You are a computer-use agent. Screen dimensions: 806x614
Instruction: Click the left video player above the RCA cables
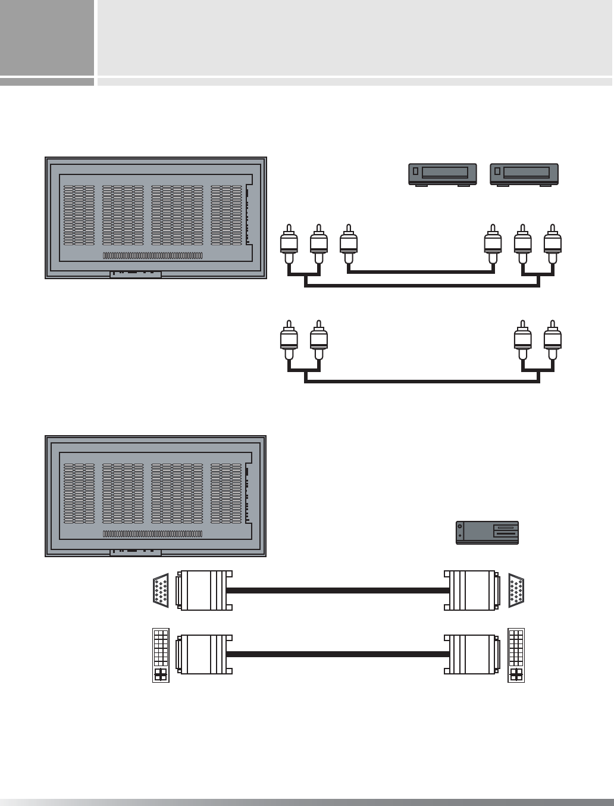[x=442, y=173]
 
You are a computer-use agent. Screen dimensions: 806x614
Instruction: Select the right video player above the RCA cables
[x=524, y=173]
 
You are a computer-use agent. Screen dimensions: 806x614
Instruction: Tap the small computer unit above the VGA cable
[x=487, y=533]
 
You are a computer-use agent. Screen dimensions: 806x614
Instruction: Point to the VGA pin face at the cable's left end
[x=161, y=591]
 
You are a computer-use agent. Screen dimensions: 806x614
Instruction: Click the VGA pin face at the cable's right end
[x=516, y=591]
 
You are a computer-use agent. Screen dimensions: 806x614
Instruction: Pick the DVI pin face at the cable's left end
[x=161, y=655]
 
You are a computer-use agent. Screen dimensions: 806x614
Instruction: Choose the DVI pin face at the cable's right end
[x=516, y=655]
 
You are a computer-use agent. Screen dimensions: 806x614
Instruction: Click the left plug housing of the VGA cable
[x=202, y=591]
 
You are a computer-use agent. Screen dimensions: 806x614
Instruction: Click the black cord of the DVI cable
[x=338, y=654]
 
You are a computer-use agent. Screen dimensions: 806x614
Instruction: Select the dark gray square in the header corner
[x=47, y=38]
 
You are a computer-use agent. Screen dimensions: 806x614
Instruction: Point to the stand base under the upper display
[x=136, y=275]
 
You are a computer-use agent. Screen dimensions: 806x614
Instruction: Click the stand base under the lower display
[x=136, y=553]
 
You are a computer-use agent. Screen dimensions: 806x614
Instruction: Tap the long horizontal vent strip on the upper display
[x=153, y=256]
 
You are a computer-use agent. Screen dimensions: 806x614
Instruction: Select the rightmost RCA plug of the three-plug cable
[x=553, y=245]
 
